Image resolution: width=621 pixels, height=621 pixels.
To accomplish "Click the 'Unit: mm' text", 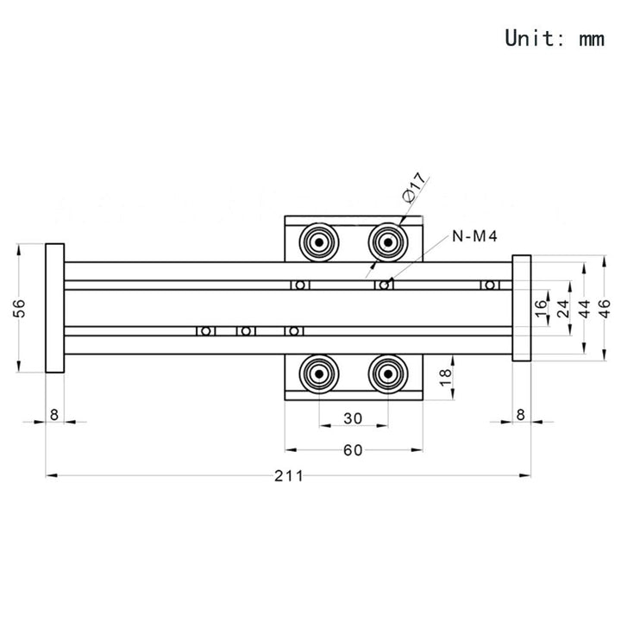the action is coord(555,38).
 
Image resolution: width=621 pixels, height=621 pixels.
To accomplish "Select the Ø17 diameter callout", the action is coord(414,187).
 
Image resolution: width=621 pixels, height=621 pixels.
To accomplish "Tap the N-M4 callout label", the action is coord(474,236).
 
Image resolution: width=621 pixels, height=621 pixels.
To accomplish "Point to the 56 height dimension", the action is coord(19,308).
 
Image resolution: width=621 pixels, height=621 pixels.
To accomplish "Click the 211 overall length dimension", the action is coord(289,475).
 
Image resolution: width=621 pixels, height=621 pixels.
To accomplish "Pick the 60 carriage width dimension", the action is coord(353,450).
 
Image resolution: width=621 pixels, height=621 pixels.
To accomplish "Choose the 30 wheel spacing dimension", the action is coord(353,418).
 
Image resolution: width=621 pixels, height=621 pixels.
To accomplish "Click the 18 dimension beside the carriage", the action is coord(446,377).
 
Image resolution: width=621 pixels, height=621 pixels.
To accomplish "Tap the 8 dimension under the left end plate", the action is coord(54,415).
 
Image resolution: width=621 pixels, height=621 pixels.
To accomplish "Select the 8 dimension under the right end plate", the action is coord(521,415).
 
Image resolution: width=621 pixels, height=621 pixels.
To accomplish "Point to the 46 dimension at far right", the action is coord(605,308).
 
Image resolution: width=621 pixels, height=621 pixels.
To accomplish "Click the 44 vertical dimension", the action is coord(585,308).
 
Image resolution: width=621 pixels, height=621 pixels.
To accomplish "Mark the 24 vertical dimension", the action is coord(563,308).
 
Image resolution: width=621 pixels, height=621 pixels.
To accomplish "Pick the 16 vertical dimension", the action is coord(541,308).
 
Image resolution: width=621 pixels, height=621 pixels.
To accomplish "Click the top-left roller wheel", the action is coord(319,242).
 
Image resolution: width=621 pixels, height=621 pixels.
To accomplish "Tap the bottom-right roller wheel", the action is coord(388,373).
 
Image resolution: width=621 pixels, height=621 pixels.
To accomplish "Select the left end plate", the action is coord(54,308).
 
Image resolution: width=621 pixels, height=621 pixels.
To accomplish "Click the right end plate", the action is coord(522,308).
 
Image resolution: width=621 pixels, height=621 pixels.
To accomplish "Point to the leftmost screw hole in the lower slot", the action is coord(205,331).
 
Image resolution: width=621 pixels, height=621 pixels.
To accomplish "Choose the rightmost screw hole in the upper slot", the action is coord(490,285).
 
